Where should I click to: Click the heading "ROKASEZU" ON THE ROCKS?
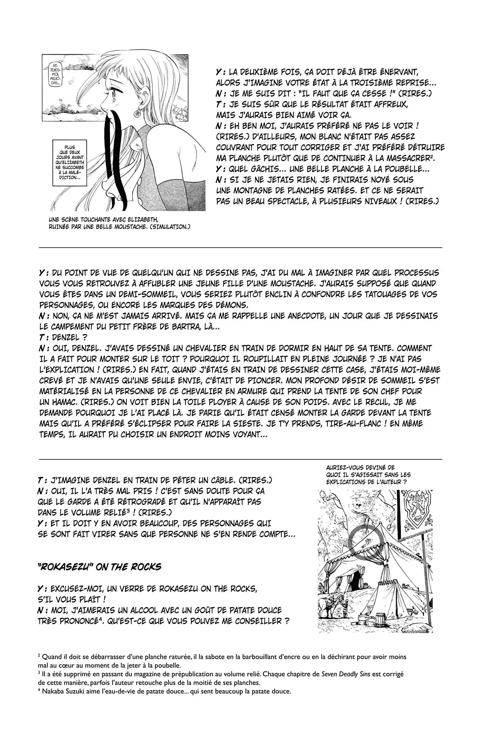(99, 567)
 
